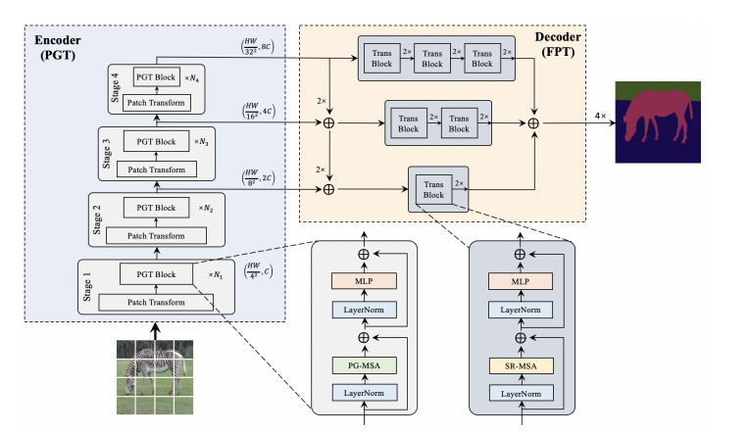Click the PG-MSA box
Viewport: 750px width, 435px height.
(x=364, y=366)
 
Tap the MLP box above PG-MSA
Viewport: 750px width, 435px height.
(x=364, y=282)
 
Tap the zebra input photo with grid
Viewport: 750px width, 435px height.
(x=153, y=377)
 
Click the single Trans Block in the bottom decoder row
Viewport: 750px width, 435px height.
(x=433, y=188)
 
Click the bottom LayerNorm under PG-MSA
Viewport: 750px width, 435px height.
(x=364, y=394)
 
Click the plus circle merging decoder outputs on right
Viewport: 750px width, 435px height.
(x=533, y=123)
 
